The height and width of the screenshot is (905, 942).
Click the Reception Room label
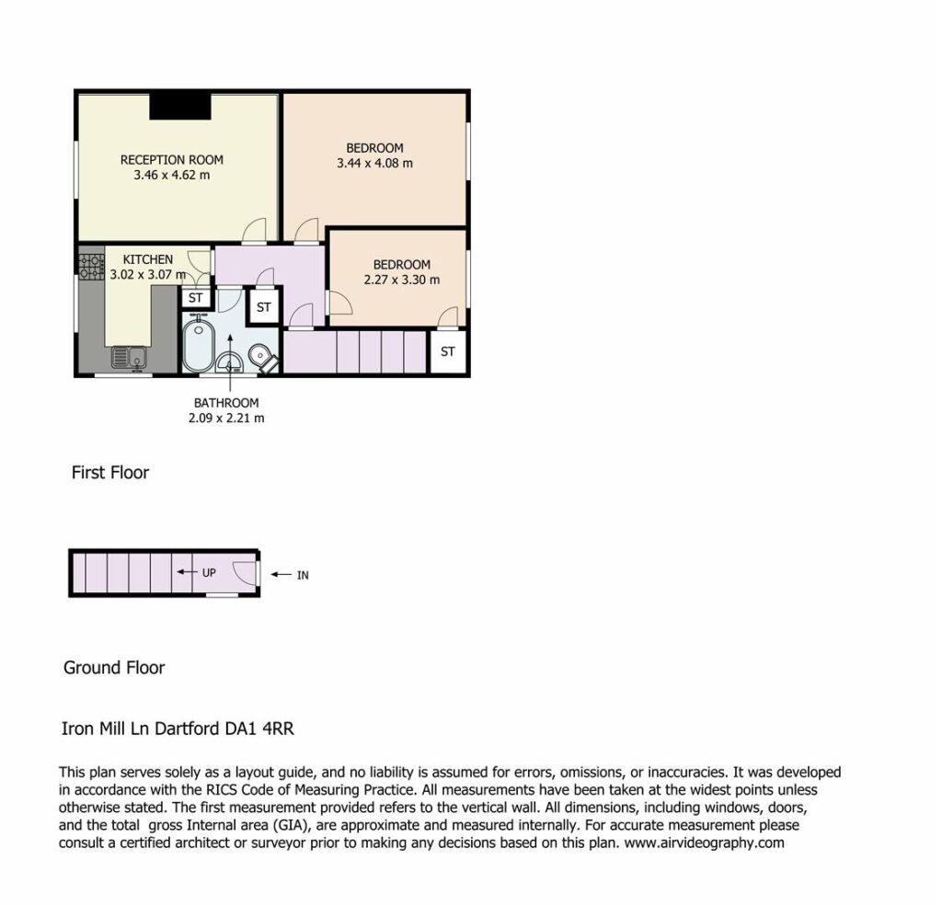click(x=172, y=160)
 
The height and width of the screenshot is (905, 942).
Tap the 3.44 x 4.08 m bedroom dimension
click(x=375, y=163)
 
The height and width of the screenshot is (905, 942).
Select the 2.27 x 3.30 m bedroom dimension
click(x=402, y=280)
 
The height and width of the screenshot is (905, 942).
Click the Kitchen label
click(x=148, y=259)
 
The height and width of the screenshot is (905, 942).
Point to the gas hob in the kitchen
click(x=91, y=268)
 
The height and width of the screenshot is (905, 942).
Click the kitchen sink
click(x=129, y=359)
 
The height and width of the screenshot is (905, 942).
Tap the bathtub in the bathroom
click(x=199, y=345)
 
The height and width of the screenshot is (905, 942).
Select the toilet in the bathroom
click(x=263, y=356)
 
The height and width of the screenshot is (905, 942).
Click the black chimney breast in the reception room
click(x=180, y=107)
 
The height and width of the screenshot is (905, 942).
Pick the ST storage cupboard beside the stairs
click(x=448, y=351)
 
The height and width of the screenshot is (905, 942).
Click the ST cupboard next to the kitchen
click(x=196, y=298)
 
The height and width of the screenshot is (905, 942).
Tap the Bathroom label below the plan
click(x=226, y=403)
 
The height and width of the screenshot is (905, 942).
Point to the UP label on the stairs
click(x=209, y=573)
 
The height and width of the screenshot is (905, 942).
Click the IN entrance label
click(x=303, y=576)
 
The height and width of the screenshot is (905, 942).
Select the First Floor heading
click(x=110, y=473)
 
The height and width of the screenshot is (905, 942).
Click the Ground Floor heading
click(x=114, y=668)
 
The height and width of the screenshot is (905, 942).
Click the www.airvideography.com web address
click(x=704, y=842)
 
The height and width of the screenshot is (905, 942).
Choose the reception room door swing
click(x=254, y=231)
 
